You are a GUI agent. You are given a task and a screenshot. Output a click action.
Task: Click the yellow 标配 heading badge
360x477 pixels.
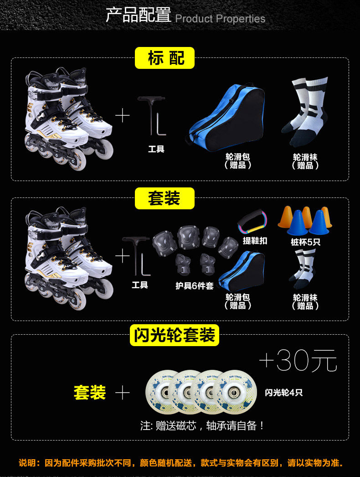point(165,58)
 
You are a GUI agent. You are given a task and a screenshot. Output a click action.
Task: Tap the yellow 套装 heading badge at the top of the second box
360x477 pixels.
point(165,199)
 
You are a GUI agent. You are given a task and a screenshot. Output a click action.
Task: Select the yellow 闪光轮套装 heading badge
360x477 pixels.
point(175,336)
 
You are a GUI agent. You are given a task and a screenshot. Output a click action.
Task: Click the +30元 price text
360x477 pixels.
point(298,361)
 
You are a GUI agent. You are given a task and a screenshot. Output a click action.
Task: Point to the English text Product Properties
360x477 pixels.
point(220,19)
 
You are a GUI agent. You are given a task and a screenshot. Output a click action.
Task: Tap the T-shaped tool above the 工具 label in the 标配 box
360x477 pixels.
point(155,116)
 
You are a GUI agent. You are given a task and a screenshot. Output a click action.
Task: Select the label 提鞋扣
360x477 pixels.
point(255,241)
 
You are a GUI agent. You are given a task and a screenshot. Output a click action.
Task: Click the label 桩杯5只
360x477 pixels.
point(305,242)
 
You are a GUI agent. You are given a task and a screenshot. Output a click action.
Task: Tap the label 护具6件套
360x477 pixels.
point(195,286)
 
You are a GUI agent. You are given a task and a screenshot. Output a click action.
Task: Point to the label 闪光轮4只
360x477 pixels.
point(284,392)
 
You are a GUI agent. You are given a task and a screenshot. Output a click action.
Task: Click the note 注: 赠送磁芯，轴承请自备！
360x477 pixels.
point(202,426)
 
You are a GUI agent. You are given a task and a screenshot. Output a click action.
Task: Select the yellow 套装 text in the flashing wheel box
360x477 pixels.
point(90,393)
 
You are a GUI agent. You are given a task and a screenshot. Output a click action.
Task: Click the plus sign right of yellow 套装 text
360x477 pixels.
point(122,393)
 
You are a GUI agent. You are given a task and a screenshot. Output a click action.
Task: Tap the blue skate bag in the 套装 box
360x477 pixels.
point(241,272)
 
